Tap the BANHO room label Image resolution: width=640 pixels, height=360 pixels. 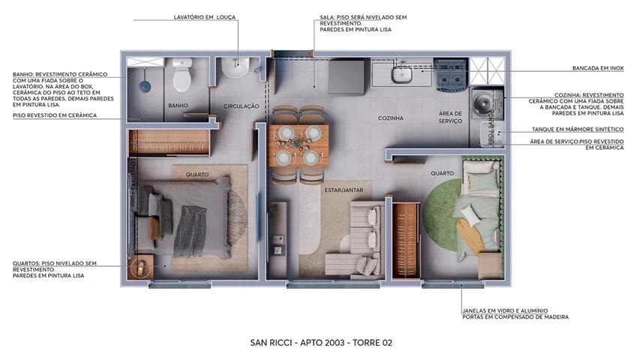point(178,106)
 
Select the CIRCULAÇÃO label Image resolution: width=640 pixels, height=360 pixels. point(241,106)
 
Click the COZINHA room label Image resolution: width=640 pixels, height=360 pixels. point(390,118)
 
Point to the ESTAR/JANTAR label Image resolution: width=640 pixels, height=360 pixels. point(344,190)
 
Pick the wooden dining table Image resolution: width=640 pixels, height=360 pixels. point(299,145)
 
